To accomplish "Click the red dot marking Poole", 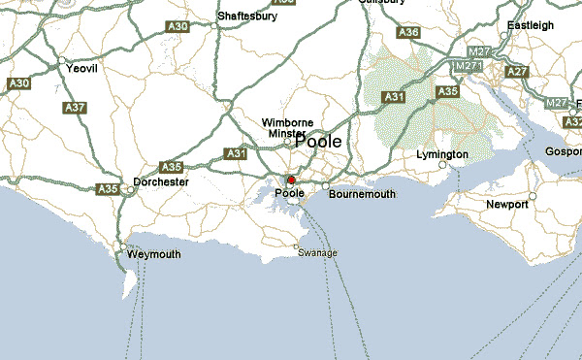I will pos(291,180).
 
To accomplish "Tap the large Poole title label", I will pos(317,142).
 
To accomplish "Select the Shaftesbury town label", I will pos(247,16).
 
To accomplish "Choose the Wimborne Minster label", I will pos(287,128).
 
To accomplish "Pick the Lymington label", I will pos(441,154).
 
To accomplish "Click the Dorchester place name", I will pos(161,181).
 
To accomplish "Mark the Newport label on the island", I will pos(507,205).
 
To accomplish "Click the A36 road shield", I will pos(408,33).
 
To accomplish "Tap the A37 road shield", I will pos(75,108).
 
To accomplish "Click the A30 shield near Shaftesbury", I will pos(178,27).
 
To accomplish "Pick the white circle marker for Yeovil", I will pos(61,61).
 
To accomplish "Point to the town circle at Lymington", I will pos(442,166).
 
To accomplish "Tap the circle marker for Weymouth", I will pos(121,245).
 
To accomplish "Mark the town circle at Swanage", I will pos(297,246).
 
